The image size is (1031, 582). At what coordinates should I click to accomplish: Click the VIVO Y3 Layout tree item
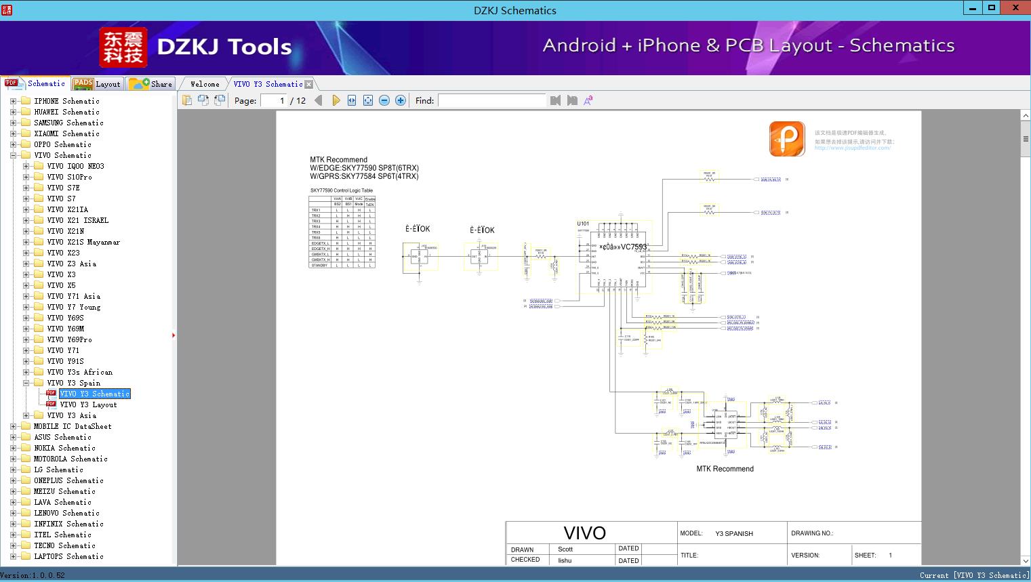coord(88,404)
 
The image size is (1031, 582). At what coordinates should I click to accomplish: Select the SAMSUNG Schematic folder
coord(68,123)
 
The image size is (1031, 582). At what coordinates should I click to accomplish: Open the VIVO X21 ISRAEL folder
coord(77,220)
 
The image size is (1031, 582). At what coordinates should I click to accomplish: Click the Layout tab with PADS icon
coord(97,84)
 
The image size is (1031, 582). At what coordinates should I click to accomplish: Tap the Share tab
coord(152,84)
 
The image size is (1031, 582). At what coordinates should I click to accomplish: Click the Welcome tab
coord(205,84)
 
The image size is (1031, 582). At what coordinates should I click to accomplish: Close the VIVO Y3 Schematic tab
coord(309,85)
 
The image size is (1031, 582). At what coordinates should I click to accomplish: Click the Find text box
coord(491,100)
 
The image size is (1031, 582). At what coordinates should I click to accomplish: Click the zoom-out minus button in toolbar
coord(384,100)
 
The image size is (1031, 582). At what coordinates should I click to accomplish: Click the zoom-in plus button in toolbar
coord(401,100)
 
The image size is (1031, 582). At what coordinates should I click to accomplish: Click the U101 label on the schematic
coord(583,224)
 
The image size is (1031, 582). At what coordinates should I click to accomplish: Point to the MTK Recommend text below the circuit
coord(725,469)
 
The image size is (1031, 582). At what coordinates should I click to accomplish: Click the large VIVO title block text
coord(584,533)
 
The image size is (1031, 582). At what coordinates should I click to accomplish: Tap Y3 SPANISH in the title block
coord(734,534)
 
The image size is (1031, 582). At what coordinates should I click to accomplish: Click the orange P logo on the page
coord(786,139)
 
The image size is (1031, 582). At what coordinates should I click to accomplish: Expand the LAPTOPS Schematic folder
coord(13,556)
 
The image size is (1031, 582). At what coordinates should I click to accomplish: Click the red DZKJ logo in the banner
coord(123,47)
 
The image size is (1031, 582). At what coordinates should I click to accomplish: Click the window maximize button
coord(992,8)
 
